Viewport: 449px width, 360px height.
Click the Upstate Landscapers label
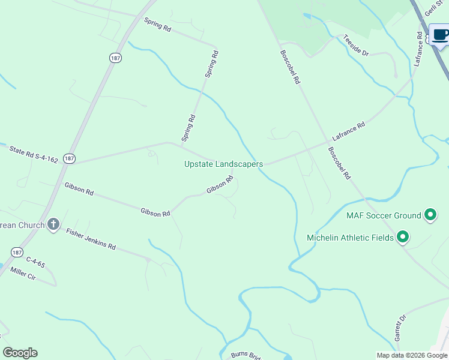223,164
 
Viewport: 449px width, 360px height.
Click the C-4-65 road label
35,262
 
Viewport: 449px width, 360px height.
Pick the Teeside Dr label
355,46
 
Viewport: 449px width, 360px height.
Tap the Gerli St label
433,8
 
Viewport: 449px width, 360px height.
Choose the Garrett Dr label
400,328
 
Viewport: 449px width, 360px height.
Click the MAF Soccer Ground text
384,215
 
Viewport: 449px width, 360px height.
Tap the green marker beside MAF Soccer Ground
430,214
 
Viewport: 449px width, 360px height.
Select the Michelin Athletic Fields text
350,238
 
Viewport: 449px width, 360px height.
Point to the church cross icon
53,225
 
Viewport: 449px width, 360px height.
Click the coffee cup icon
440,34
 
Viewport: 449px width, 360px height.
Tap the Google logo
20,353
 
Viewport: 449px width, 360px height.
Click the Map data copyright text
412,355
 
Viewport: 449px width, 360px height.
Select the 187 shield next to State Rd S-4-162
70,158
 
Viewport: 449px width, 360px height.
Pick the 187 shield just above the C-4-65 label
16,251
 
